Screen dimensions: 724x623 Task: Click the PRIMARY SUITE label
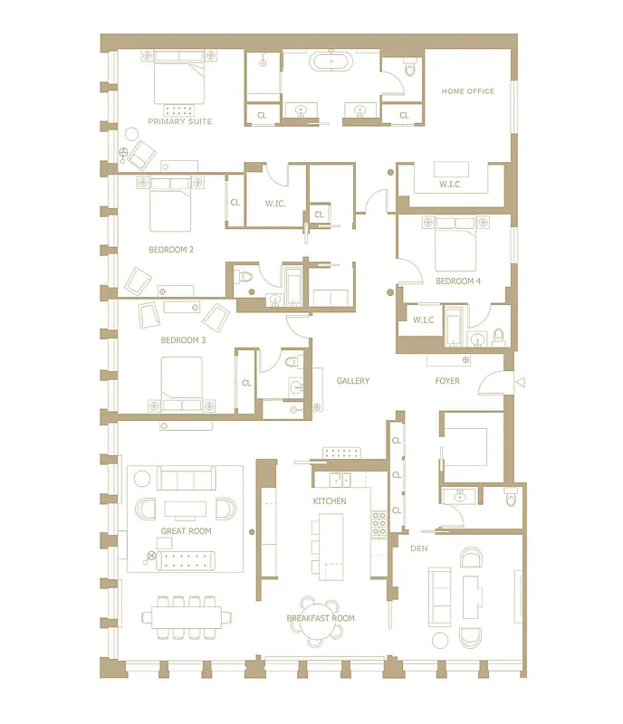[x=180, y=121]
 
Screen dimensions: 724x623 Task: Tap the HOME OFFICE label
[x=467, y=91]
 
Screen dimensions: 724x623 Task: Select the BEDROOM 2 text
[x=171, y=249]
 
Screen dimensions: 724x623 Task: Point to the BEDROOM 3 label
[x=183, y=340]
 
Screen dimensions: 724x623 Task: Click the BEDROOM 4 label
[x=457, y=281]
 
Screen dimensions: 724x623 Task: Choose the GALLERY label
[x=352, y=381]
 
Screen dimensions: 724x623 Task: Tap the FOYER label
[x=446, y=381]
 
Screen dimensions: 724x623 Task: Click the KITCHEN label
[x=330, y=500]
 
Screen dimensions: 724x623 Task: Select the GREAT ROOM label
[x=186, y=531]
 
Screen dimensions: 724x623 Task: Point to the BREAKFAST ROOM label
[x=321, y=618]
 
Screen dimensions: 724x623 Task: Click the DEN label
[x=419, y=548]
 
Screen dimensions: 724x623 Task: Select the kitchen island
[x=331, y=543]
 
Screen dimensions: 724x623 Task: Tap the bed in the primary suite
[x=180, y=80]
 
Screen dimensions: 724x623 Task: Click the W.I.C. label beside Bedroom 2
[x=274, y=204]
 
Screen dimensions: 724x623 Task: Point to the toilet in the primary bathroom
[x=409, y=68]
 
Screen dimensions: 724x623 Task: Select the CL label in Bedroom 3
[x=245, y=383]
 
